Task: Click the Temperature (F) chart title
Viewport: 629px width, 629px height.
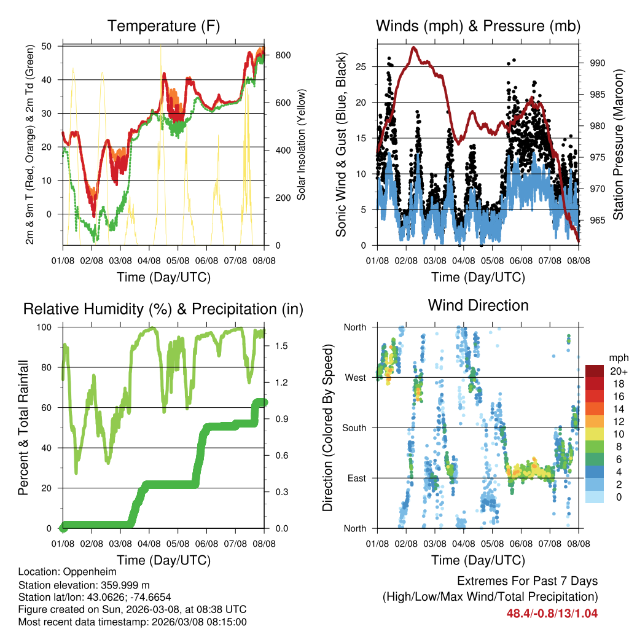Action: (x=163, y=26)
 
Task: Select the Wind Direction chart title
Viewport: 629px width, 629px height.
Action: (x=478, y=305)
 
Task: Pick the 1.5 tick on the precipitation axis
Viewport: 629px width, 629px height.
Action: (x=281, y=346)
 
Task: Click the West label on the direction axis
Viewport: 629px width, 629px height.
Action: (x=355, y=377)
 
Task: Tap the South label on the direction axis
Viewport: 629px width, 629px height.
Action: (x=354, y=428)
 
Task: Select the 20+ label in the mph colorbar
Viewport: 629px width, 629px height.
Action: (x=617, y=371)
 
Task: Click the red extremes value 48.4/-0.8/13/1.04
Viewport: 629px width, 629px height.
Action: (x=552, y=613)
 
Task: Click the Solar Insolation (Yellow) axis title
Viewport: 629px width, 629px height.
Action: (x=302, y=145)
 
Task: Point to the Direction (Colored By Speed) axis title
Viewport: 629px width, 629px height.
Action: (x=327, y=428)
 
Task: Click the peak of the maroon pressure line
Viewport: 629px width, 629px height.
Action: (x=413, y=47)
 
